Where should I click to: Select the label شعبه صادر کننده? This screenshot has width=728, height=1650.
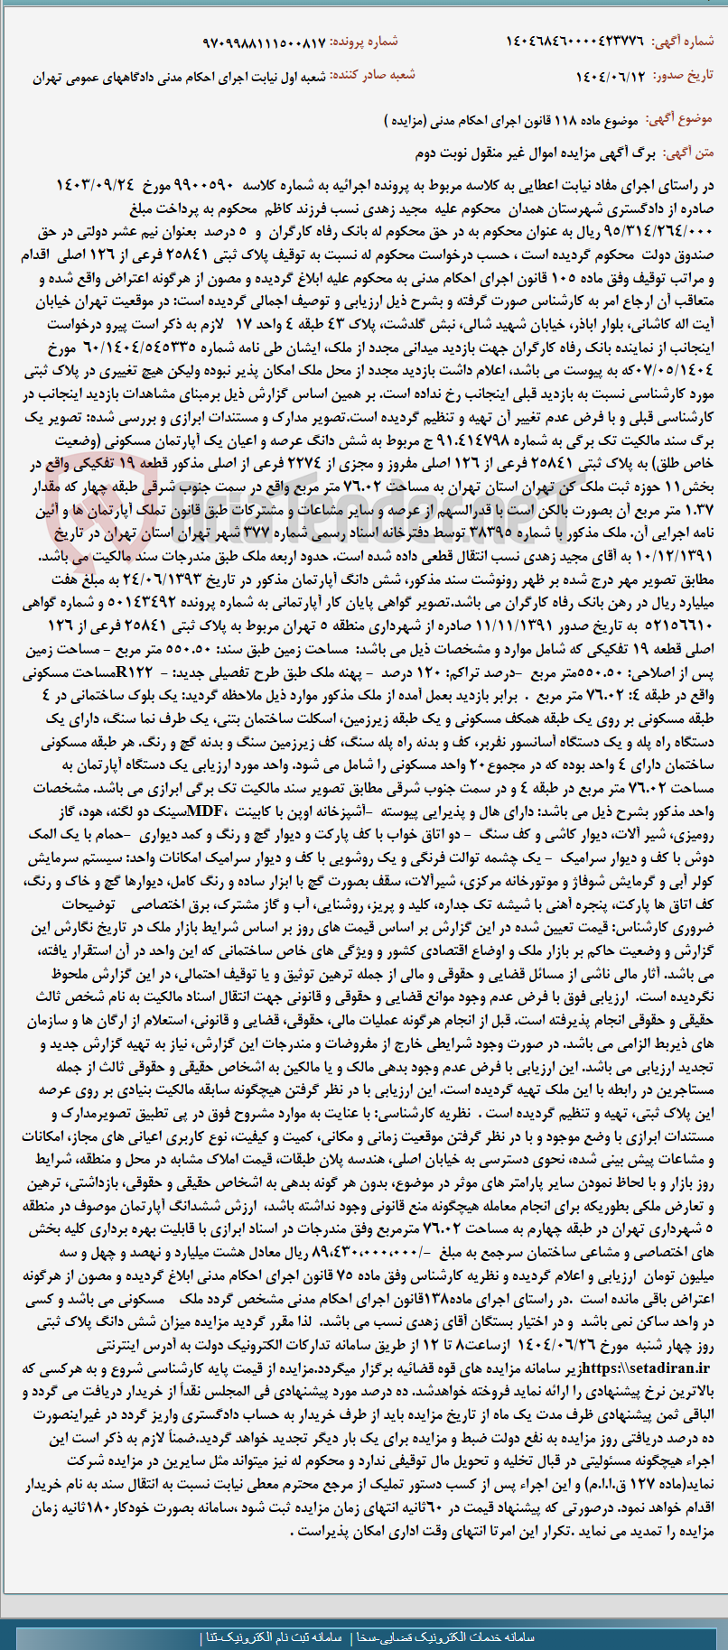coord(373,76)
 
